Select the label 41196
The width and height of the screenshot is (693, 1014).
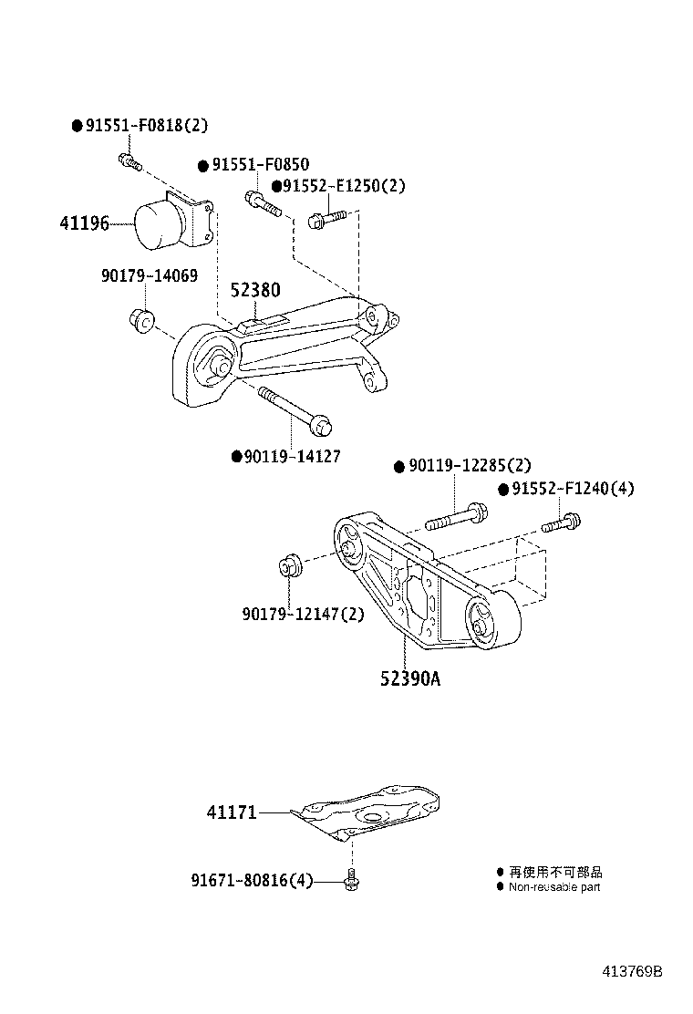[84, 222]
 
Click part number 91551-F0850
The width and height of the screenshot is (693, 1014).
[260, 165]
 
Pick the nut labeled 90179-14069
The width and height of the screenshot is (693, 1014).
[141, 320]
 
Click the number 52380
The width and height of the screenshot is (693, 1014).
[254, 290]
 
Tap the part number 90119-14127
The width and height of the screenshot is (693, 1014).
[292, 456]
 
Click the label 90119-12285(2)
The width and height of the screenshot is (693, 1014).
[470, 466]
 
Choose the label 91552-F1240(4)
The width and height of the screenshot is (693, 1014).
[573, 489]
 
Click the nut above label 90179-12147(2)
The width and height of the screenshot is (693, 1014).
[289, 565]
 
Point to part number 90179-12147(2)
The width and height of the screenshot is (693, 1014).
[303, 614]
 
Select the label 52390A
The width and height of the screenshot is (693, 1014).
[410, 678]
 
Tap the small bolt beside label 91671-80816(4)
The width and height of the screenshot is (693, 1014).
[350, 880]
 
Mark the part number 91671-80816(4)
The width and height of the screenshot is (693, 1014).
[252, 881]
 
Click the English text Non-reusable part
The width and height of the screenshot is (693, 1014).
[554, 886]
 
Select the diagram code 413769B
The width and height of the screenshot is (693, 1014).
[631, 971]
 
